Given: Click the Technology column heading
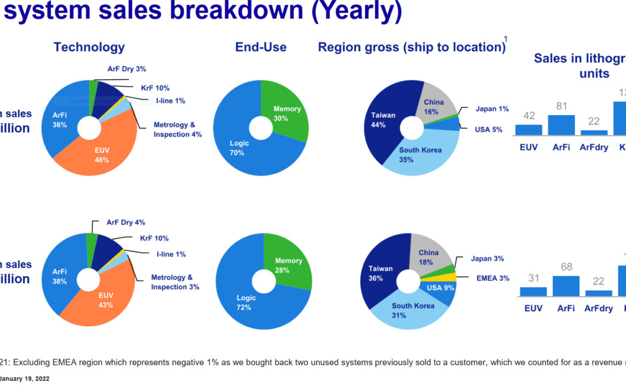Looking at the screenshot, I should (x=89, y=47).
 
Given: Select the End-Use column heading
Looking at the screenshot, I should (x=261, y=47).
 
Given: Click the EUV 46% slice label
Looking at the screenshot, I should (x=102, y=155).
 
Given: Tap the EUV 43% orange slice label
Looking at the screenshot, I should (x=105, y=300).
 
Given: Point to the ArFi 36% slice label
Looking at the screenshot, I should (x=59, y=120).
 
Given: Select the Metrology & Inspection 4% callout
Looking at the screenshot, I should (x=178, y=130).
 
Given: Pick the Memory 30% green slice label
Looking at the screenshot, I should (x=287, y=114).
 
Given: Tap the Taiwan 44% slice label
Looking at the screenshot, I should (x=383, y=120).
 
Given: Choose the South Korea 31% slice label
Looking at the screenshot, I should (x=413, y=311).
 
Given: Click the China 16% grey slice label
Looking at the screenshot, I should (x=433, y=107).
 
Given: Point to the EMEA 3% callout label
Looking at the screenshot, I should (x=493, y=278).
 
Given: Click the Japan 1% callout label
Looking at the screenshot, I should (x=492, y=109).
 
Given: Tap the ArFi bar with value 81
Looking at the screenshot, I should (x=561, y=125).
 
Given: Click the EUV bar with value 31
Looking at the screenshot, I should (x=533, y=291).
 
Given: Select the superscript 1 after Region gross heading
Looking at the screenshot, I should (x=506, y=39).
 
